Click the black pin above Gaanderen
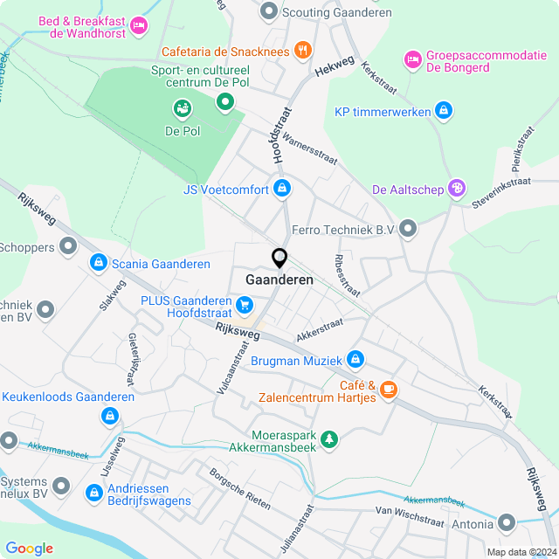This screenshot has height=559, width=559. pos(279,259)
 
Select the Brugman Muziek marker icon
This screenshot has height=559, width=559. pos(355,359)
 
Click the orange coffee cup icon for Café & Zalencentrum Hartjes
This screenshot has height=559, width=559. pos(389,389)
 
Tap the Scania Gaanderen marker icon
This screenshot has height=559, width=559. pos(99,263)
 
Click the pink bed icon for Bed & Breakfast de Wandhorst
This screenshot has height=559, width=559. pos(137,28)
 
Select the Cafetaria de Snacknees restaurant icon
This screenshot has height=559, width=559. pos(302,50)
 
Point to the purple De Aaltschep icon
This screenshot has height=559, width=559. pos(455,189)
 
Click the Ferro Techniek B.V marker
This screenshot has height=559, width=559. pos(409,229)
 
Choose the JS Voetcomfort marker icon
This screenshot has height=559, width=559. pos(282,189)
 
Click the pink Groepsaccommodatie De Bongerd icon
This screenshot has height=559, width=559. pos(411,59)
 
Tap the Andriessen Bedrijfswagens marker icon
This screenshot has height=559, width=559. pos(93,493)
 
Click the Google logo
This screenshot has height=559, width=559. pos(29,548)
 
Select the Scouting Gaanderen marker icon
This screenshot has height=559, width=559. pos(269,11)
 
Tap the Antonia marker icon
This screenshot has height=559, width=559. pos(507,522)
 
